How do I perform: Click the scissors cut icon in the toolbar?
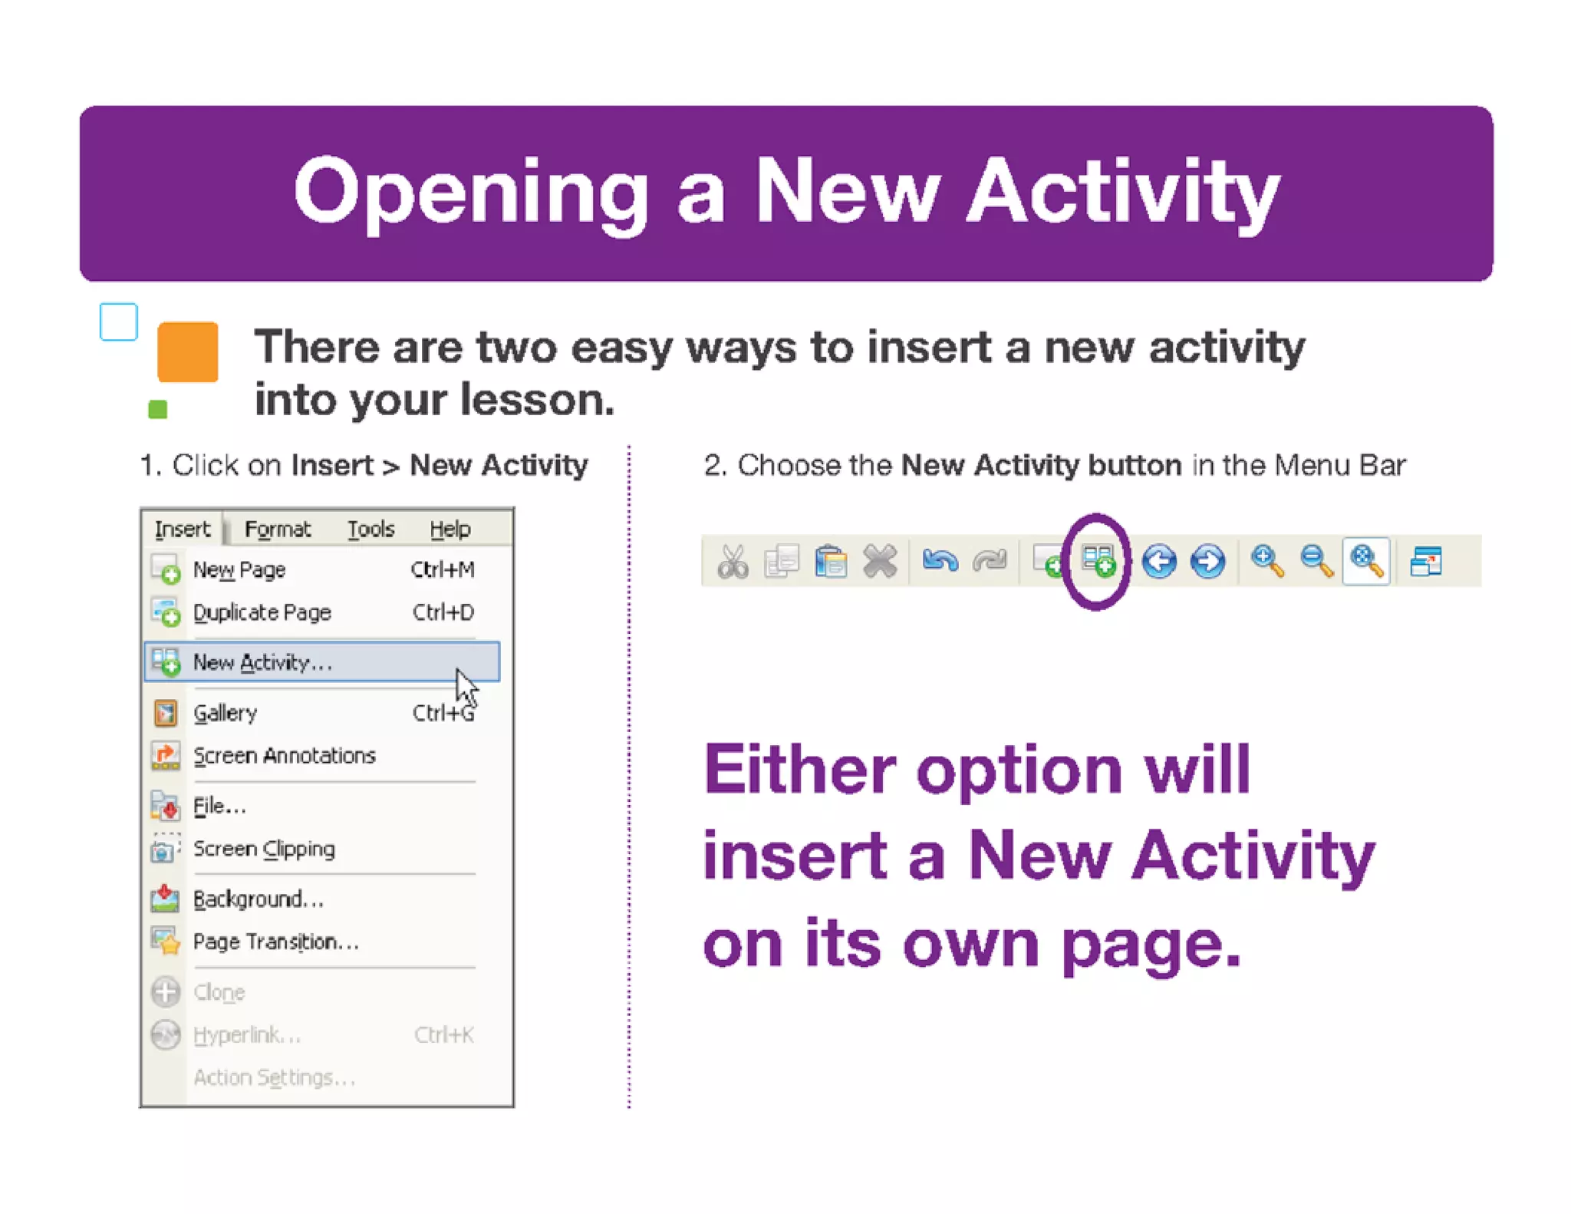click(x=733, y=561)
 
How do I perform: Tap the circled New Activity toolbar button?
click(x=1098, y=561)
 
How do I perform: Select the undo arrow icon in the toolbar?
click(x=940, y=561)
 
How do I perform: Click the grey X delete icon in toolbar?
click(x=879, y=561)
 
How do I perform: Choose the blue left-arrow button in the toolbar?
click(x=1158, y=561)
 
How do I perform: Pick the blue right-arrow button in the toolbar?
click(x=1207, y=561)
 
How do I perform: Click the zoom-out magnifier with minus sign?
click(x=1316, y=561)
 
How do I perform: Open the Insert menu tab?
click(x=183, y=529)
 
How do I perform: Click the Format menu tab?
click(x=277, y=529)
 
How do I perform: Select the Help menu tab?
click(x=450, y=529)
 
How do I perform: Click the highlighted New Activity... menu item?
click(x=262, y=662)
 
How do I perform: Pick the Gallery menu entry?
click(x=225, y=713)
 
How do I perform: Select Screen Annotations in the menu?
click(x=284, y=756)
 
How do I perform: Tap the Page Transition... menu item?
click(x=275, y=942)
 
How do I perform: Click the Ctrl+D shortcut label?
click(x=443, y=612)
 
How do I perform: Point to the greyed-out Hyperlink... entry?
click(x=246, y=1035)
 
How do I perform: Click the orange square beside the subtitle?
click(x=188, y=351)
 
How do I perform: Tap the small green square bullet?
click(x=158, y=409)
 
